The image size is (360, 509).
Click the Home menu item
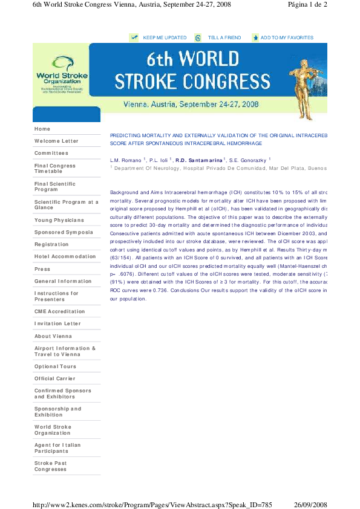[42, 129]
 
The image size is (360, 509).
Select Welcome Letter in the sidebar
[56, 141]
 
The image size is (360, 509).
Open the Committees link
[51, 153]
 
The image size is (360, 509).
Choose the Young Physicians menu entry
[59, 220]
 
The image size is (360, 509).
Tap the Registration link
[51, 244]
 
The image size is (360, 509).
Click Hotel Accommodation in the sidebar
[65, 256]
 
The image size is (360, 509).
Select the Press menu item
[42, 269]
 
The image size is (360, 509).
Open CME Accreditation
[60, 311]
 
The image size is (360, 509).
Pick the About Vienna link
[53, 336]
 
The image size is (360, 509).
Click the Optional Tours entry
[55, 366]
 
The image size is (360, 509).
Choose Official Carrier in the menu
[54, 378]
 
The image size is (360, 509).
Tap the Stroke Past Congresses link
[51, 466]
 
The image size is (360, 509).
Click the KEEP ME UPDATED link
[165, 37]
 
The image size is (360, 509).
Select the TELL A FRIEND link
[224, 37]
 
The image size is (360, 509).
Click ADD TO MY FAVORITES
[287, 37]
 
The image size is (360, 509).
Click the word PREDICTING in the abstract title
[128, 136]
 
